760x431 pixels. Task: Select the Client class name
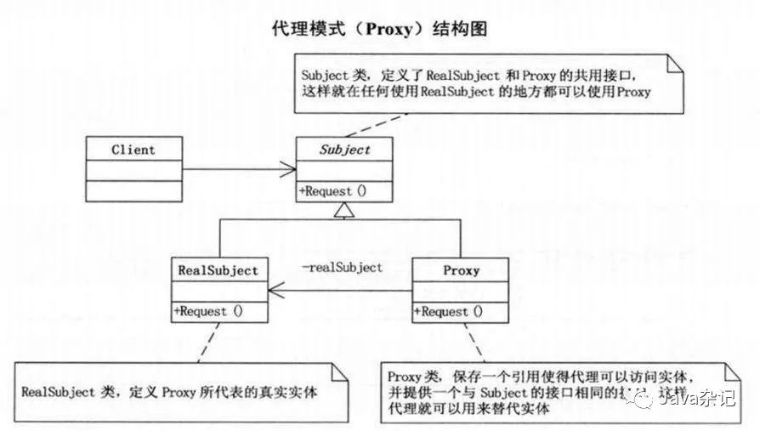coord(133,150)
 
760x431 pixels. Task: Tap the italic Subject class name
coord(345,150)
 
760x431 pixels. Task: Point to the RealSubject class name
coord(218,270)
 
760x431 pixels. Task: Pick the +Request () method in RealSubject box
coord(208,311)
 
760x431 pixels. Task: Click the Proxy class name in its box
coord(461,270)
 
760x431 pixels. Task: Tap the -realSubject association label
coord(342,267)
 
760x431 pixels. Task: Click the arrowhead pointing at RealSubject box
coord(275,292)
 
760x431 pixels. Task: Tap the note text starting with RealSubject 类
coord(168,393)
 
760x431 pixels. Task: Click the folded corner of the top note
coord(675,61)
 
